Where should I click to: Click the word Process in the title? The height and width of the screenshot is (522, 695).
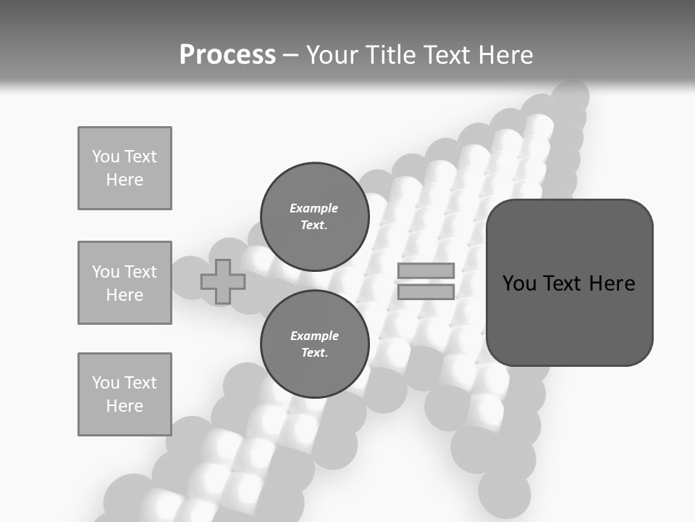point(227,54)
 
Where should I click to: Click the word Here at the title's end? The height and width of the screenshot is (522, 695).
point(505,54)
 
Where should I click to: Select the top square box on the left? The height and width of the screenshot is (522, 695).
point(125,168)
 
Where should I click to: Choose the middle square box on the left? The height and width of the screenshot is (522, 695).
point(125,283)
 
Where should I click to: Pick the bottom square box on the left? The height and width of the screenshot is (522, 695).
point(125,394)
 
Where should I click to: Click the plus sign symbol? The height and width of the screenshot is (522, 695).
point(223,281)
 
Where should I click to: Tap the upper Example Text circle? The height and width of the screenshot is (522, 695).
point(314,217)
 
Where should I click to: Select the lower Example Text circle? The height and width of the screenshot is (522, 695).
point(314,344)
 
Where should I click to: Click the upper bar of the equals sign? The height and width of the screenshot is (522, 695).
point(426,270)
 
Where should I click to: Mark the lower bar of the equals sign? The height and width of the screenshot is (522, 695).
point(426,291)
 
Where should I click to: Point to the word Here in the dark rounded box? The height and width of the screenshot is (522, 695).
point(612,283)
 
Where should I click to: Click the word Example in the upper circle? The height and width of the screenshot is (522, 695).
point(314,208)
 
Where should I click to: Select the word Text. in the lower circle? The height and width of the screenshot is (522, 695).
point(314,353)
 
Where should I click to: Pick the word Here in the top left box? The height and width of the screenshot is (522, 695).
point(125,180)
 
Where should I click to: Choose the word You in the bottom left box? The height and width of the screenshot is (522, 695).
point(106,383)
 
